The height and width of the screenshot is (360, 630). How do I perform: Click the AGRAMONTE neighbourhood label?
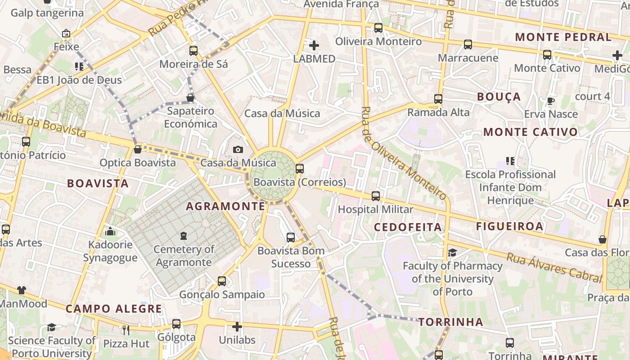pos(225,206)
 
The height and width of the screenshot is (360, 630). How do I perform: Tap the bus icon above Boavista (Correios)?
pos(300,169)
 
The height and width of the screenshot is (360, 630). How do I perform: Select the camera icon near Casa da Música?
pos(238,149)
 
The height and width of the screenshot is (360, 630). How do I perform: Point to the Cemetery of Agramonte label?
pos(184,256)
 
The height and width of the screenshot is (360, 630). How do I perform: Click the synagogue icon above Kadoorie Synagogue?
pos(110,232)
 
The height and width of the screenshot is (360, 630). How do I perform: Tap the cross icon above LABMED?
pos(314,45)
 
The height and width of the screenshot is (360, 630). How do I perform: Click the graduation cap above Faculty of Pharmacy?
pos(452,252)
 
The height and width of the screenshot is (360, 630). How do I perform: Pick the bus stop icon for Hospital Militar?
pos(376,196)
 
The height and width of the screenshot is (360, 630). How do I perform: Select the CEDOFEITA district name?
pos(408,227)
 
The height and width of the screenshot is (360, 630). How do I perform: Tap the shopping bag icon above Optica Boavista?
pos(138,149)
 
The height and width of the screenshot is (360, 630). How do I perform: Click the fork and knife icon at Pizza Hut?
pos(126,330)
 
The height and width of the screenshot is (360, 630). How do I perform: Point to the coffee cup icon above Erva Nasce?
pos(550,101)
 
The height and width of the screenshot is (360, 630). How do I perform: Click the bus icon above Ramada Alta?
pos(438,99)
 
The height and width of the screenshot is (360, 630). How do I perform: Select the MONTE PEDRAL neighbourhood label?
pos(563,37)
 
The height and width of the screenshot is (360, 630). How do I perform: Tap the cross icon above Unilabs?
pos(237,327)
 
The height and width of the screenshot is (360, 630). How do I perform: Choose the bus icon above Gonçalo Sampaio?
pos(222,281)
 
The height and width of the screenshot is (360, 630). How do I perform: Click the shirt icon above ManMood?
pos(22,290)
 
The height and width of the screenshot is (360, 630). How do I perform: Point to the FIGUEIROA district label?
pos(510,226)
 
